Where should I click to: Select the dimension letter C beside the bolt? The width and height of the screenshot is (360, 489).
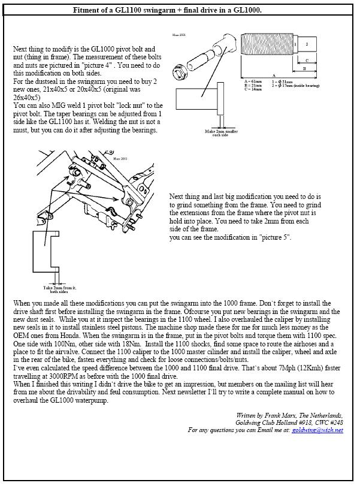[307, 60]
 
